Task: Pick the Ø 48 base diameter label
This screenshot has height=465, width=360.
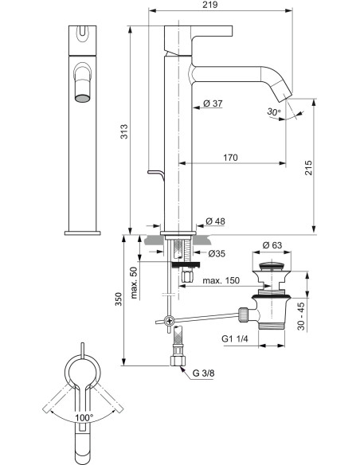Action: tap(214, 221)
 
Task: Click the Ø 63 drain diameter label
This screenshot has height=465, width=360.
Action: tap(272, 246)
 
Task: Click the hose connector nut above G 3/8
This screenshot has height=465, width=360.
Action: tap(178, 350)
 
